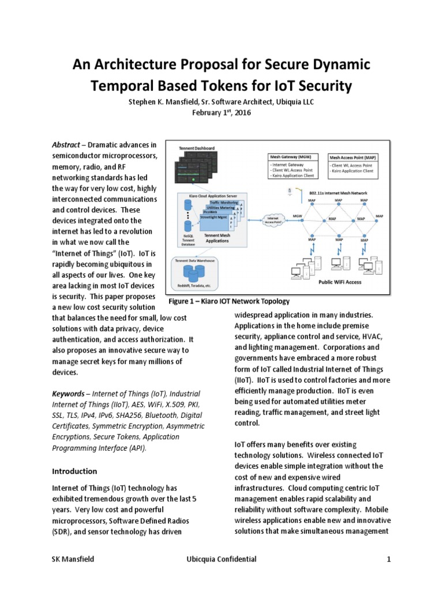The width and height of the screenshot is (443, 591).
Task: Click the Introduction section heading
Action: [x=75, y=471]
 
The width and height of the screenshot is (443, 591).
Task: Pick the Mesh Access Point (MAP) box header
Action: [x=354, y=157]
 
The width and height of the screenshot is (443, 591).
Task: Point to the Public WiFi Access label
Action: [x=340, y=282]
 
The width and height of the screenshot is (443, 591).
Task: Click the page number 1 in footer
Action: [x=389, y=559]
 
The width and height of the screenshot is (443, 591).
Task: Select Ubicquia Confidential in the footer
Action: [x=221, y=559]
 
